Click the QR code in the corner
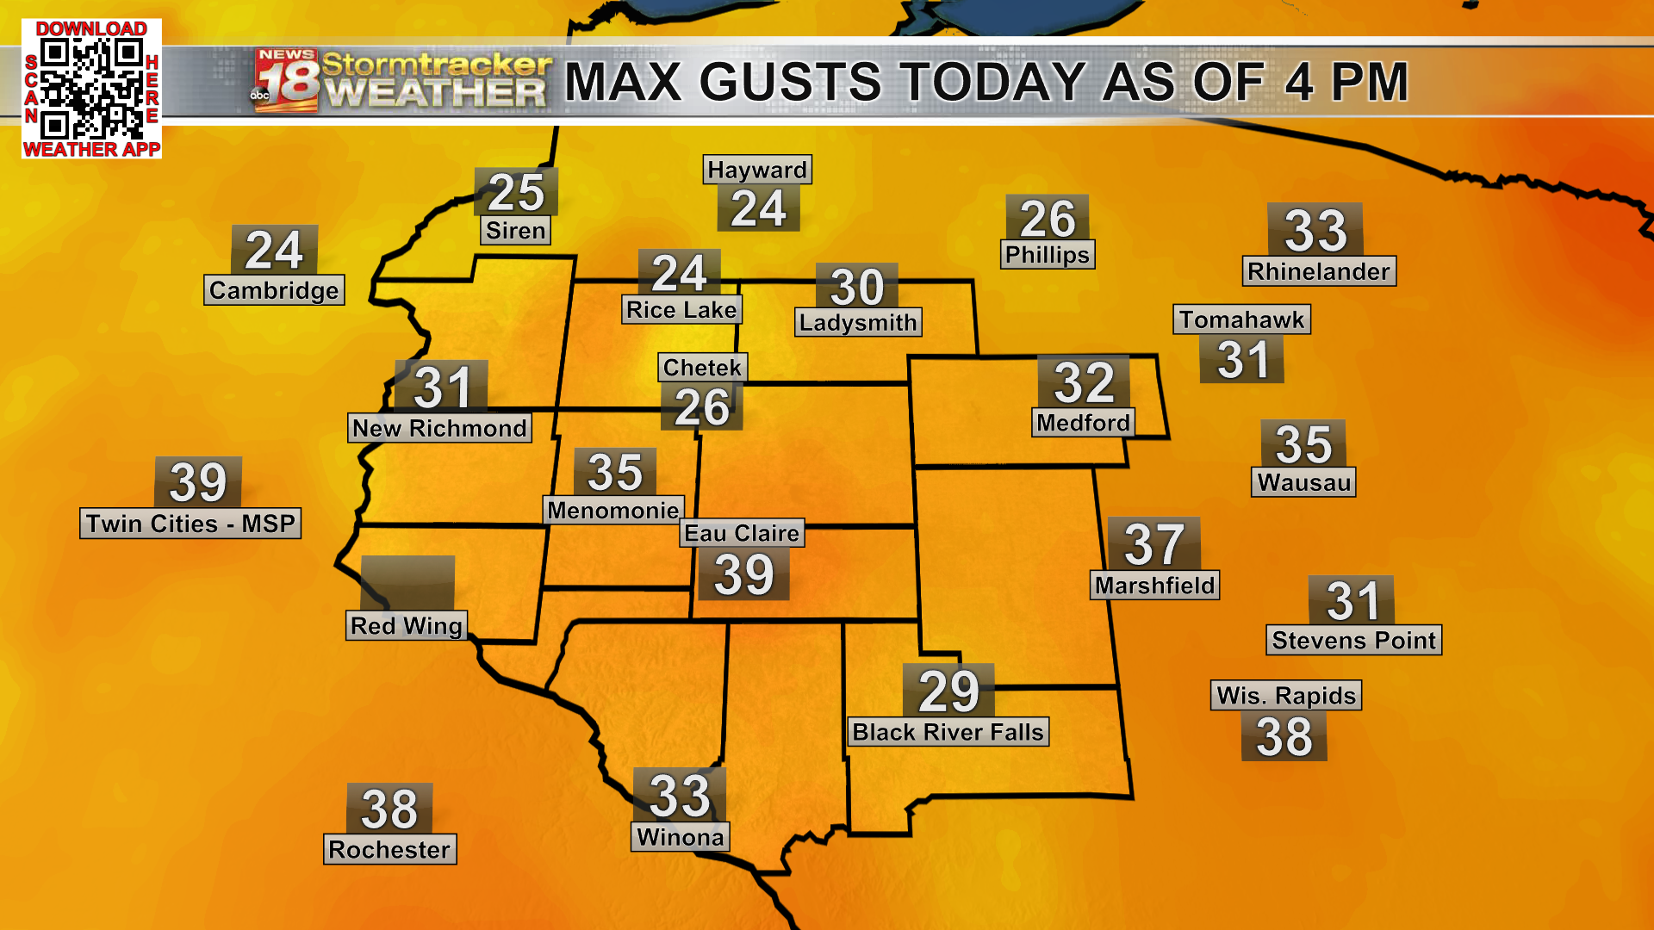pyautogui.click(x=91, y=89)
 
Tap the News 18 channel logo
pyautogui.click(x=287, y=80)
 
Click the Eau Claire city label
pyautogui.click(x=743, y=533)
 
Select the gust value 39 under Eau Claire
pyautogui.click(x=744, y=575)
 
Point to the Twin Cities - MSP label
pyautogui.click(x=190, y=524)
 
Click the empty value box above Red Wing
pyautogui.click(x=407, y=582)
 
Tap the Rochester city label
pyautogui.click(x=389, y=850)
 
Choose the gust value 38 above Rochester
pyautogui.click(x=389, y=809)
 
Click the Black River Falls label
pyautogui.click(x=948, y=732)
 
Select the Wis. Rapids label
pyautogui.click(x=1287, y=695)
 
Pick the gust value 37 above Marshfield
pyautogui.click(x=1153, y=544)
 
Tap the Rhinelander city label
pyautogui.click(x=1318, y=271)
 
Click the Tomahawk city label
pyautogui.click(x=1241, y=319)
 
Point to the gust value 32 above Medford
pyautogui.click(x=1084, y=382)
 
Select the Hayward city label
pyautogui.click(x=757, y=170)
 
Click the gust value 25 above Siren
pyautogui.click(x=516, y=192)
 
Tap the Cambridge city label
pyautogui.click(x=274, y=290)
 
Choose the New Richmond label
pyautogui.click(x=439, y=428)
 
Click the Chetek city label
pyautogui.click(x=702, y=368)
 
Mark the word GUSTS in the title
pyautogui.click(x=791, y=83)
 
